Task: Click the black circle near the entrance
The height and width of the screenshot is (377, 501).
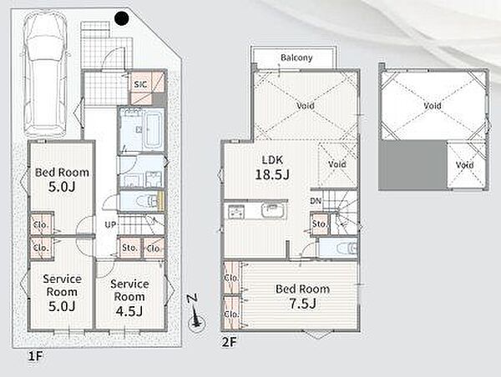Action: pos(121,18)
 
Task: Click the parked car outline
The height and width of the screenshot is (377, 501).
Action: pos(46,75)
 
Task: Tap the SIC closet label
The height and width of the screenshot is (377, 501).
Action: pos(140,84)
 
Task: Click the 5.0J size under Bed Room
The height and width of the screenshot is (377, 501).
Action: pos(62,187)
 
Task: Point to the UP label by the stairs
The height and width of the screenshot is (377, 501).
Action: pos(110,224)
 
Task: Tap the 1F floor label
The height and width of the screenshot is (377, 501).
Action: pos(35,356)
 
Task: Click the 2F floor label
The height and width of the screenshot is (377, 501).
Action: pos(229,343)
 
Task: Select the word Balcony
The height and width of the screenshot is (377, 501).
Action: pos(296,58)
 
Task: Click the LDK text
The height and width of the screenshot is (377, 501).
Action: pos(272,159)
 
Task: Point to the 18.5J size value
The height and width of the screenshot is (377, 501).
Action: pos(272,174)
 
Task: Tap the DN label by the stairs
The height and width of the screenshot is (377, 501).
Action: pos(316,202)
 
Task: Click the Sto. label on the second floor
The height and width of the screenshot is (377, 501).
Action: pos(319,224)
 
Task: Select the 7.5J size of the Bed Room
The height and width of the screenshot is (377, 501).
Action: pos(302,304)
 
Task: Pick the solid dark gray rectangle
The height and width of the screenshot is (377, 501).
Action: pos(412,164)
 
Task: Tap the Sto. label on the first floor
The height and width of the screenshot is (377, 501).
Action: pos(129,248)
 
